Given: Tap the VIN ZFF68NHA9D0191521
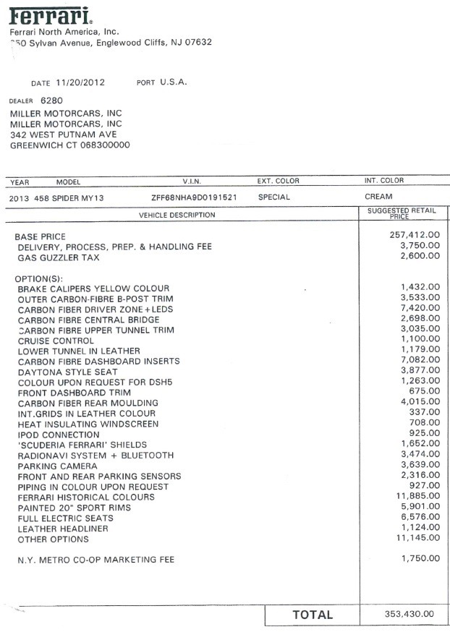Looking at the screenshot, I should (194, 197).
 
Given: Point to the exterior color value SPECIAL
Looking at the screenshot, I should (273, 197).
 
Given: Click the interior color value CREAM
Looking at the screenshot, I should (378, 197).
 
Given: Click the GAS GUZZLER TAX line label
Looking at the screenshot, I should (58, 257).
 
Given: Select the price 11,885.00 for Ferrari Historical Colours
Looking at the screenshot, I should (415, 496).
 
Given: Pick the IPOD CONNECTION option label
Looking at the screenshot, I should (59, 435).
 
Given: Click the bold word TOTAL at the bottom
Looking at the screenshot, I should (313, 615).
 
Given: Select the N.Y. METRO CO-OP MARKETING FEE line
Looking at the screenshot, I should (95, 560).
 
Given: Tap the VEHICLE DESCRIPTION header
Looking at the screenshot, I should (177, 215).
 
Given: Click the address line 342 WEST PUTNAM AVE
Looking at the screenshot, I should (63, 134).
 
